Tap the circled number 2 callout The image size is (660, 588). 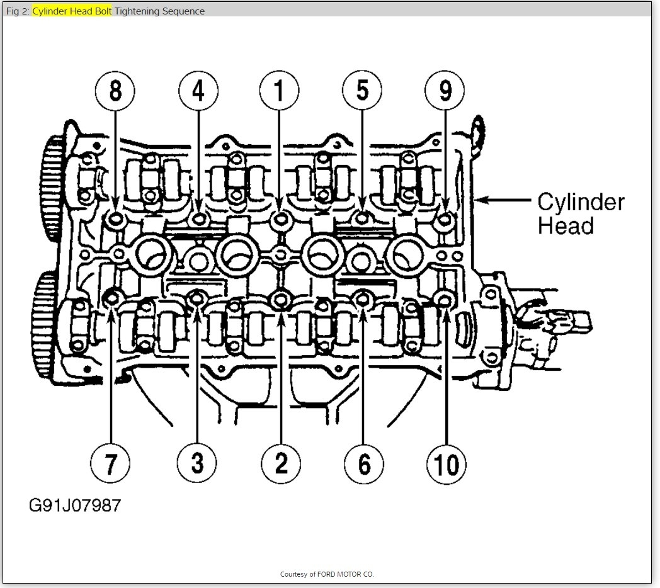tap(281, 464)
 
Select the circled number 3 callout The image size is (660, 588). tap(197, 464)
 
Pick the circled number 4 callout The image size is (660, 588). tap(198, 91)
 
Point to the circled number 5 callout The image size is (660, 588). tap(363, 91)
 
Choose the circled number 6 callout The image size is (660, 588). tap(364, 464)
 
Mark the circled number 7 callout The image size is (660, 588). tap(110, 464)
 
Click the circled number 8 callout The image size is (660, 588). tap(115, 91)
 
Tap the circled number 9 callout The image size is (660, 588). tap(445, 91)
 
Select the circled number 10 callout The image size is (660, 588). tap(447, 464)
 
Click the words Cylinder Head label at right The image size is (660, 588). tap(580, 214)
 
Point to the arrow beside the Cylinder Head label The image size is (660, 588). tap(504, 201)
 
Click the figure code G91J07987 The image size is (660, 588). tap(74, 505)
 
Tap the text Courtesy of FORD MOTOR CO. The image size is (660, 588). tap(327, 574)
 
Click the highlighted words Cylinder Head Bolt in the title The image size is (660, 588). tap(72, 11)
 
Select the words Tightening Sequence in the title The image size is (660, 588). tap(159, 11)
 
